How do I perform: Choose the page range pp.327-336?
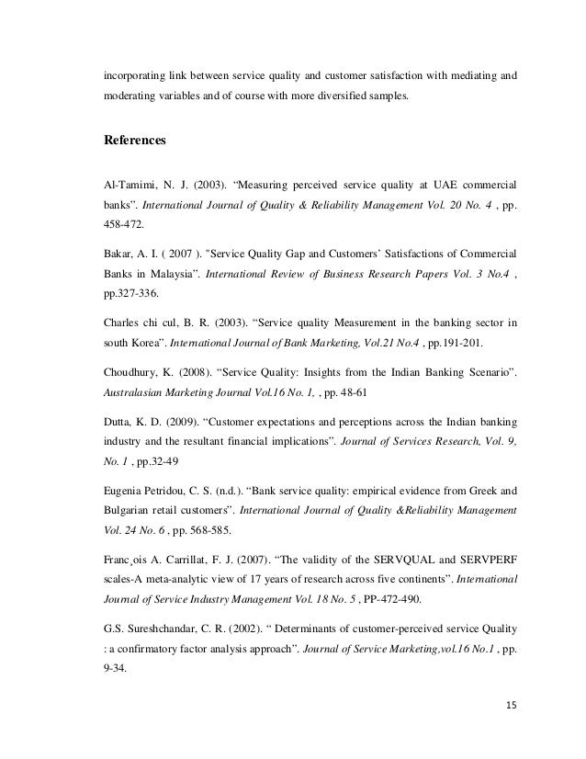[134, 293]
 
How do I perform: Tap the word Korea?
[144, 342]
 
